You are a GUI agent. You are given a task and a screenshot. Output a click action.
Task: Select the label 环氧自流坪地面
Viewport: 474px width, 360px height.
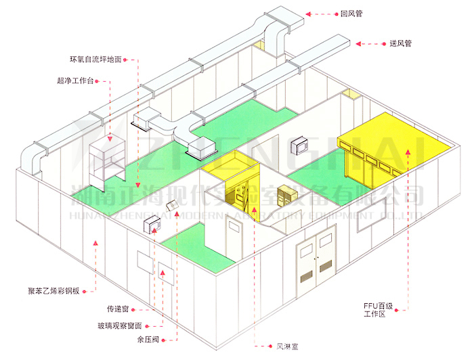(95, 60)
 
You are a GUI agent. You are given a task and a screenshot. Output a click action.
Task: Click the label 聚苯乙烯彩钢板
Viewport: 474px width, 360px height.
(60, 292)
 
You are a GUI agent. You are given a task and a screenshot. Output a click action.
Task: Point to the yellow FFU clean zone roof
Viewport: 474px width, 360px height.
(400, 135)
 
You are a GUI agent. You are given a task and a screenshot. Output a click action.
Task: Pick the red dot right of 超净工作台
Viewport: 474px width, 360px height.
(106, 81)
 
